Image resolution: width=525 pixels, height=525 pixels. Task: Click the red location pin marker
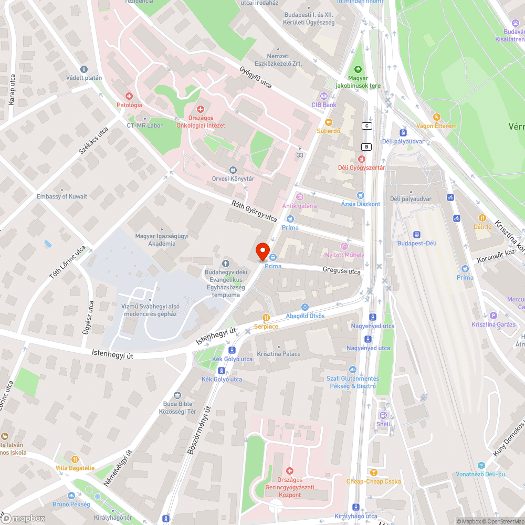point(262,251)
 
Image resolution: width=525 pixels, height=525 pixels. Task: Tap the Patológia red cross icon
point(129,96)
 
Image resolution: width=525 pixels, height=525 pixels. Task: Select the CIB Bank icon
point(323,96)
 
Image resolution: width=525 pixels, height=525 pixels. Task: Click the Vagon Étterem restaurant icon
point(436,117)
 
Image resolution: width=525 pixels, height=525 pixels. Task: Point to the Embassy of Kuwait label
point(62,196)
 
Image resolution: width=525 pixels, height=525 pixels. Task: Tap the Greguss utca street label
point(342,271)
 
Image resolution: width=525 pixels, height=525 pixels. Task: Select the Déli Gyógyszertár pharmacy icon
point(361,159)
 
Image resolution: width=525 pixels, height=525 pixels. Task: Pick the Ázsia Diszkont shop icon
point(360,195)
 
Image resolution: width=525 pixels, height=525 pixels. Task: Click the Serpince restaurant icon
point(266,317)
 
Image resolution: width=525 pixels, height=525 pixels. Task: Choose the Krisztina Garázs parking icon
point(493,316)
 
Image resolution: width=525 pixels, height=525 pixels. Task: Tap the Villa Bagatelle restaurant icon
point(75,459)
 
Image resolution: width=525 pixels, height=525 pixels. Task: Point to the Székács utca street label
point(93,141)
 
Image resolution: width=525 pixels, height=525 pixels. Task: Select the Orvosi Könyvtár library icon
point(233,170)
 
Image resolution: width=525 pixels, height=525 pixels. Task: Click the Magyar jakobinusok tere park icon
point(359,69)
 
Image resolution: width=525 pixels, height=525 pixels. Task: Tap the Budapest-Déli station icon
point(417,235)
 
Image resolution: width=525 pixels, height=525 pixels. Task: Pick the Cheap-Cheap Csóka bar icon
point(373,472)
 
